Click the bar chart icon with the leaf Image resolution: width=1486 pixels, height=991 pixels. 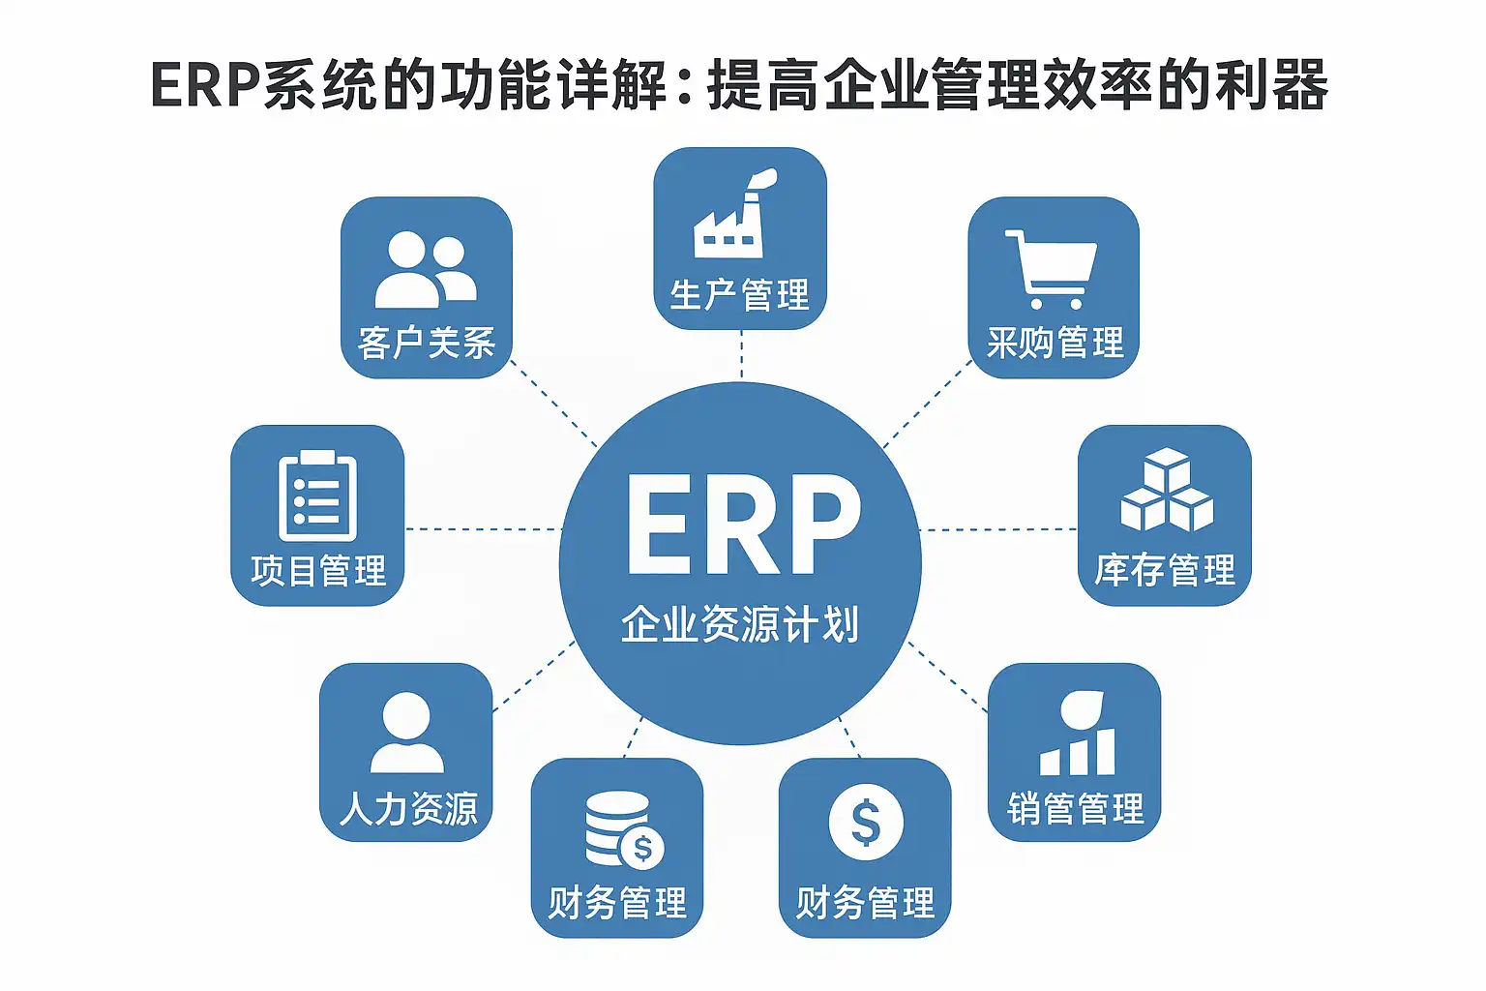pyautogui.click(x=1078, y=735)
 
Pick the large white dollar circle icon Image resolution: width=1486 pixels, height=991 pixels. pyautogui.click(x=866, y=823)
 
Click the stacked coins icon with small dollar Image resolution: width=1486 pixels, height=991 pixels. pyautogui.click(x=622, y=830)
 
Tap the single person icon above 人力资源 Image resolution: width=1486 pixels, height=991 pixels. pyautogui.click(x=406, y=733)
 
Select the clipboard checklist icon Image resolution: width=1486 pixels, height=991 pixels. pyautogui.click(x=317, y=495)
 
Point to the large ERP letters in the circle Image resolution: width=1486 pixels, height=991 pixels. pyautogui.click(x=742, y=526)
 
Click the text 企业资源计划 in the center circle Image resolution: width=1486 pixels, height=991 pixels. pyautogui.click(x=740, y=624)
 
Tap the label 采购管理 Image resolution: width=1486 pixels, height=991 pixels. pyautogui.click(x=1055, y=343)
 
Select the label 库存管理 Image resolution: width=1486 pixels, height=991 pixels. pyautogui.click(x=1165, y=570)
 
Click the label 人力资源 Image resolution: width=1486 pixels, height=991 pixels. pyautogui.click(x=408, y=808)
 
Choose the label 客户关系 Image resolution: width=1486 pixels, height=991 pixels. pyautogui.click(x=426, y=343)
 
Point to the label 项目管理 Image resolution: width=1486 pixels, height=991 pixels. pyautogui.click(x=318, y=570)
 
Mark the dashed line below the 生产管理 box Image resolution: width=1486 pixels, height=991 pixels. pyautogui.click(x=741, y=354)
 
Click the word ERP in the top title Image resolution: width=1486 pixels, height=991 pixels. pyautogui.click(x=205, y=85)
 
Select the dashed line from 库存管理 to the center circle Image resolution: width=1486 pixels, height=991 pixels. pyautogui.click(x=998, y=529)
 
